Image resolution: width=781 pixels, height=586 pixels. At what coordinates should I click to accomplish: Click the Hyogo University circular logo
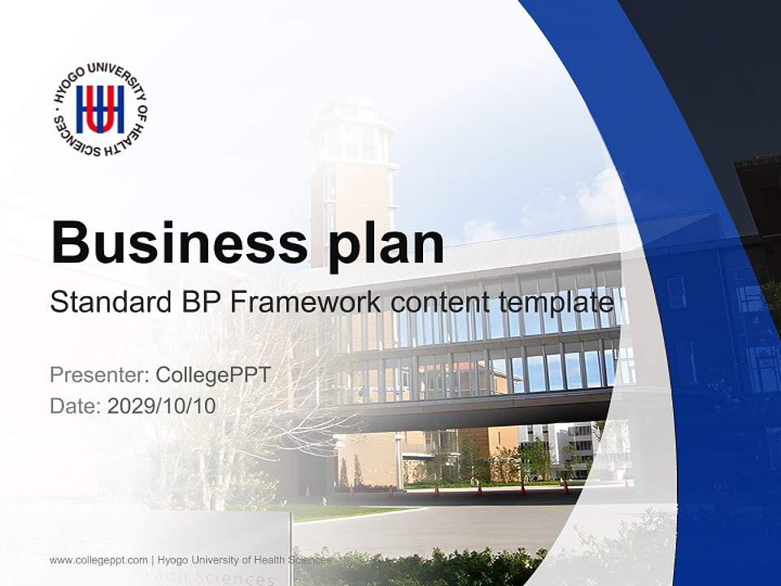click(x=100, y=110)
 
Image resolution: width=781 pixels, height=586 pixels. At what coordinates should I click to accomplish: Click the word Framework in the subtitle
click(x=306, y=303)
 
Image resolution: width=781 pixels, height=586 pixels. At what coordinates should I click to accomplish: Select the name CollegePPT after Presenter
click(x=212, y=375)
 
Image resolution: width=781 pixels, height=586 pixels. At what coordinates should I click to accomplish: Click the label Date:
click(x=76, y=405)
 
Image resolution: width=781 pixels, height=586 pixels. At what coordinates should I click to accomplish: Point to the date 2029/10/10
click(x=162, y=405)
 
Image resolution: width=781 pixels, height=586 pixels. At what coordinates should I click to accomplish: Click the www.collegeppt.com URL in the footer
click(x=98, y=560)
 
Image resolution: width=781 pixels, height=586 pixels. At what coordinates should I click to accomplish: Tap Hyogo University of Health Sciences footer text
click(x=244, y=560)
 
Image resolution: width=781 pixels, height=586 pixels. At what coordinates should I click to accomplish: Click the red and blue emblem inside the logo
click(x=100, y=110)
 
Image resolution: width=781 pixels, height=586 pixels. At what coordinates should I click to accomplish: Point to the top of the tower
click(x=352, y=110)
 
